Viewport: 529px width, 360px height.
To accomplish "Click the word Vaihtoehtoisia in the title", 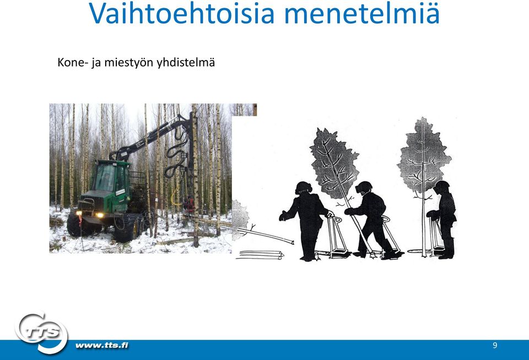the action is (182, 13).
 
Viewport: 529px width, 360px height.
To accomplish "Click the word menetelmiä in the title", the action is (362, 13).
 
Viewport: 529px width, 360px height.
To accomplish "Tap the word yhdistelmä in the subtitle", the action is (186, 63).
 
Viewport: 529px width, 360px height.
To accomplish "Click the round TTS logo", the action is (41, 332).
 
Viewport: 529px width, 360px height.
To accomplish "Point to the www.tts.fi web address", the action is (102, 345).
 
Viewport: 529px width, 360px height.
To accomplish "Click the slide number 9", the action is (495, 345).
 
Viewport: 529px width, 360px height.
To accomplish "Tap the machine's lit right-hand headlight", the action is (99, 215).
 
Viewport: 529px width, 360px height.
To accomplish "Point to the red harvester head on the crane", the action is (189, 204).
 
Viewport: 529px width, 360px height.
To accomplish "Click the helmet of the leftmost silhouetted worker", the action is (303, 187).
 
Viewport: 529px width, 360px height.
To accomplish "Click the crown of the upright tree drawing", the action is (424, 155).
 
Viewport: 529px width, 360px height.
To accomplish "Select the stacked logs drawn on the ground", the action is (260, 255).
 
